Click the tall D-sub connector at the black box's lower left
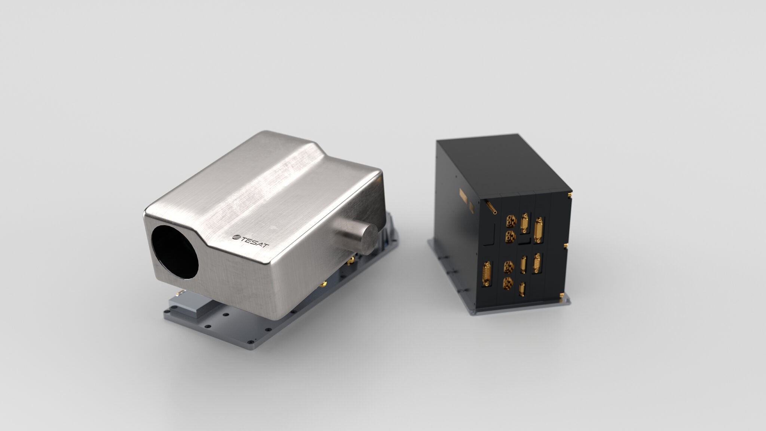pyautogui.click(x=487, y=274)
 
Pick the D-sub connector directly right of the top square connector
pyautogui.click(x=525, y=220)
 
